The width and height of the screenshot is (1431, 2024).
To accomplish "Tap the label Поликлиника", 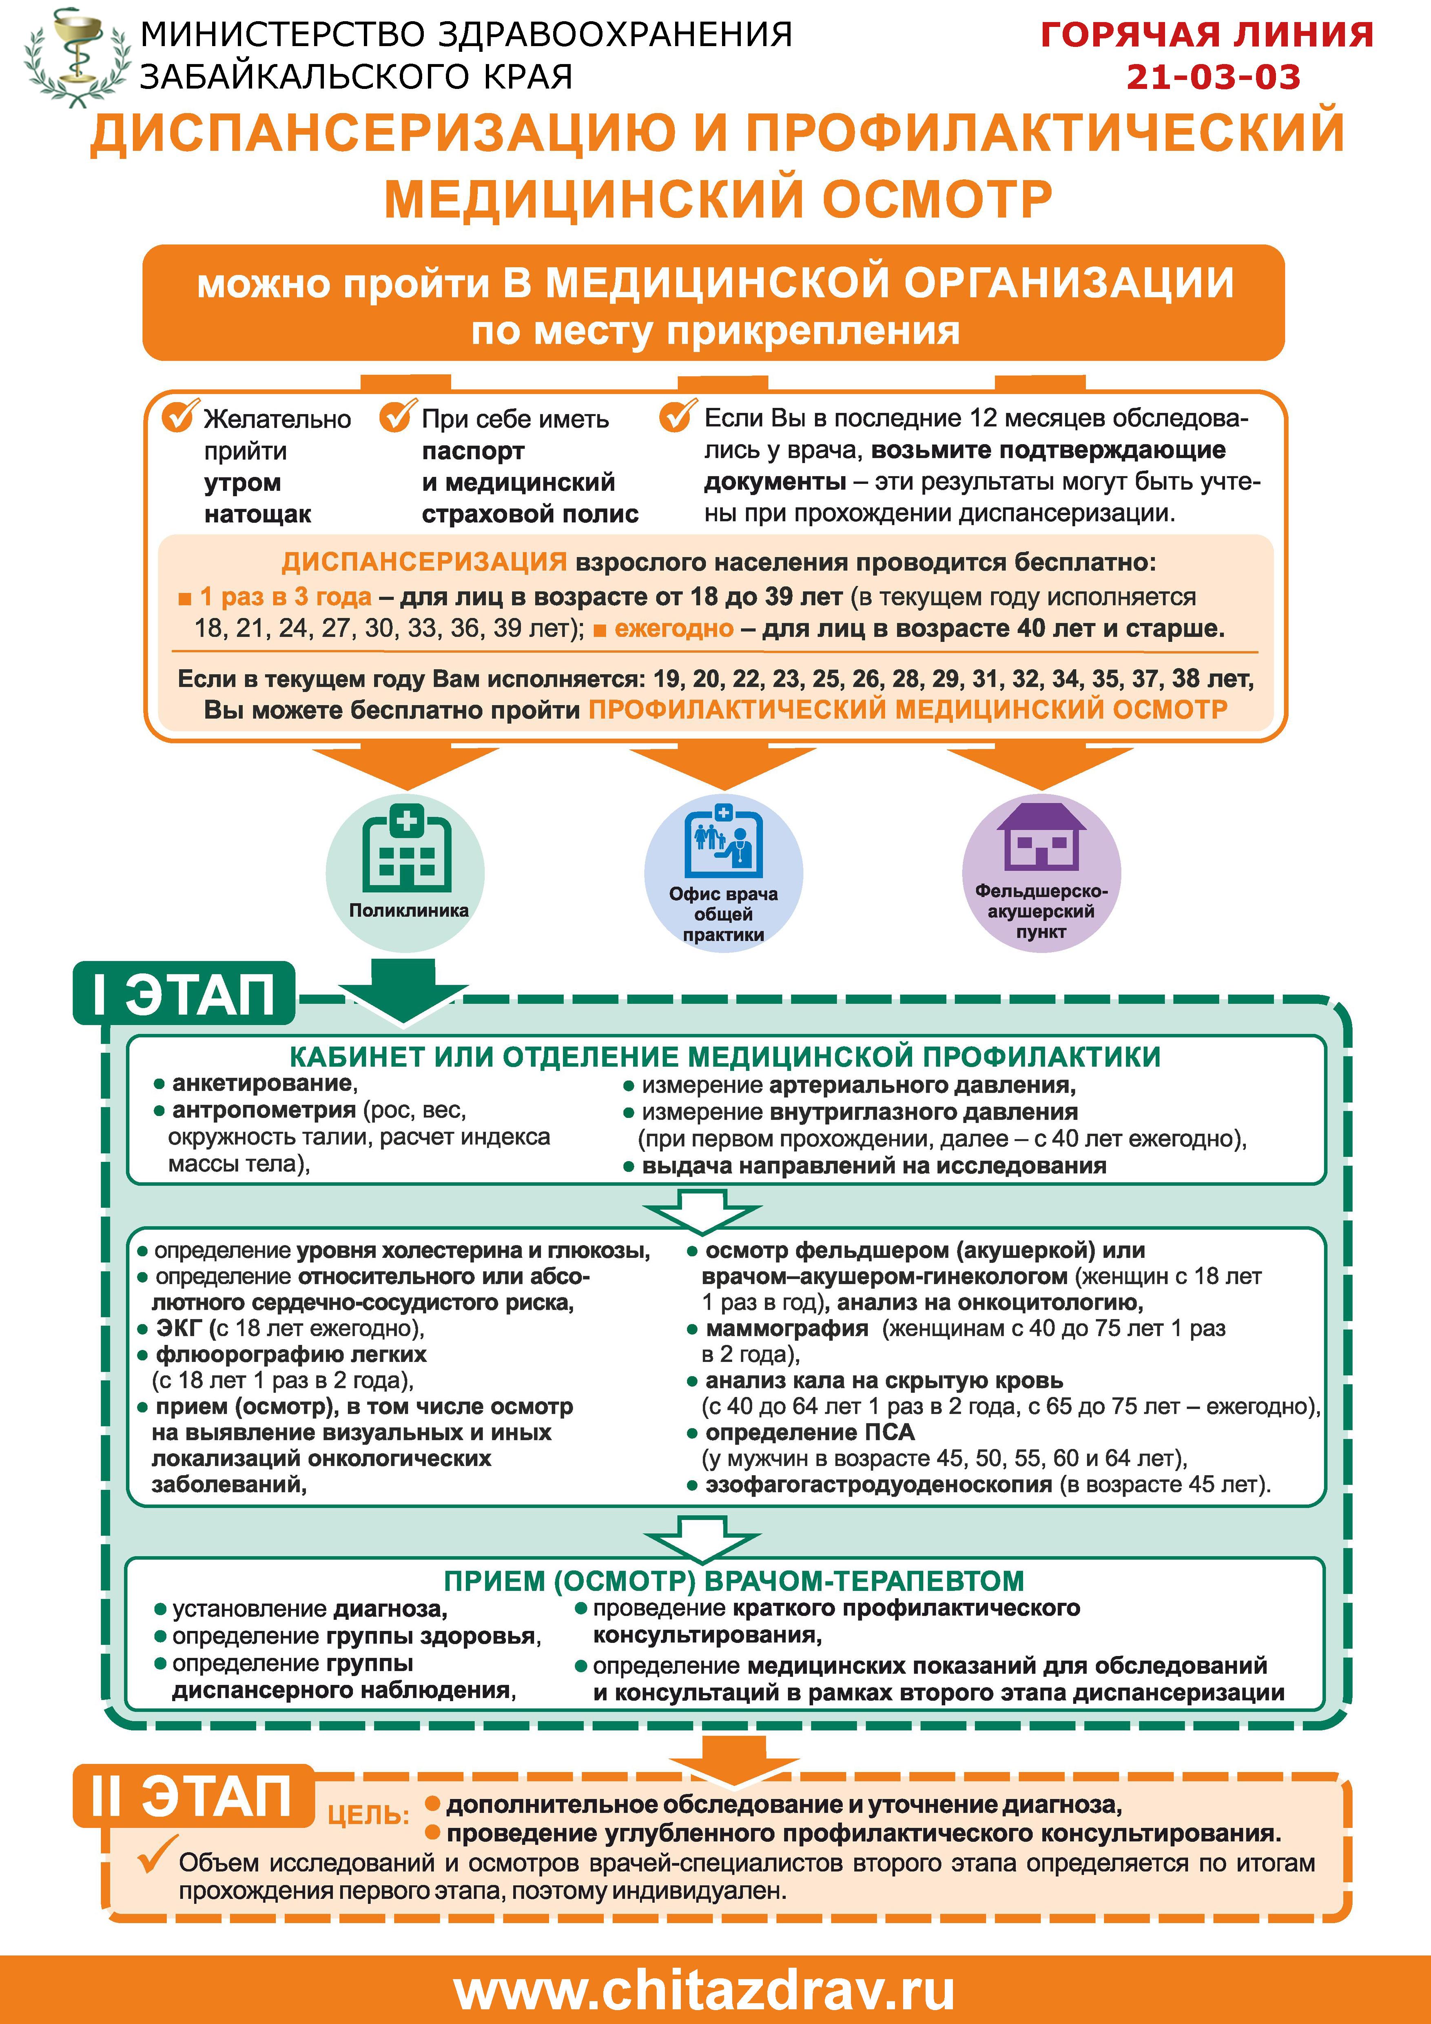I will click(408, 911).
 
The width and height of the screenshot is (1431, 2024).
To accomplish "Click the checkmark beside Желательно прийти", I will click(178, 416).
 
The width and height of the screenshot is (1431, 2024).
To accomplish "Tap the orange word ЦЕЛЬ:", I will click(368, 1814).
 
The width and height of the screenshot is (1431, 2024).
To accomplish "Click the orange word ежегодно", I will click(674, 629).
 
